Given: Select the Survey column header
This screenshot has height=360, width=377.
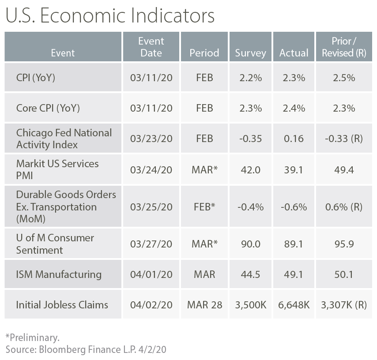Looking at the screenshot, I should pos(250,53).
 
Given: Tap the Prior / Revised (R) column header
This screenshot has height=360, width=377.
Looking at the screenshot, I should pos(344,47).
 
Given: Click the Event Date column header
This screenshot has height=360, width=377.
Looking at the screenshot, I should pos(151,47).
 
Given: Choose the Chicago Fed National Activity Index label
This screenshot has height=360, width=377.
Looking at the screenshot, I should pos(64,139).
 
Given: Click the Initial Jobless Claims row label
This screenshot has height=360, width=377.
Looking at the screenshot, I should pos(62,304).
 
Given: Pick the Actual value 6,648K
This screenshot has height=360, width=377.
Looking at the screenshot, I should pos(294,304).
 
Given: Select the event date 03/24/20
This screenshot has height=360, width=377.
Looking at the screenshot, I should pos(151,169).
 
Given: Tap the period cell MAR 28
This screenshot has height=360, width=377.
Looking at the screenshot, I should pos(204,304).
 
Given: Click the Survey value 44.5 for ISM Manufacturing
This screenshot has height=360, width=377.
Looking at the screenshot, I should pos(250,274).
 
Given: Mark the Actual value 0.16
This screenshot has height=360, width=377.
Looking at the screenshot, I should pos(294,139).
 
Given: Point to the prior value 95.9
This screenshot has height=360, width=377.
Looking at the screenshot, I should pos(344,244).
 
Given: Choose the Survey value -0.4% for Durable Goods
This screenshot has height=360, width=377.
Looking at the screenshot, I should pos(250,206).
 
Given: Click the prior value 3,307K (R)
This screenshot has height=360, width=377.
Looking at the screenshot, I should pos(344,304).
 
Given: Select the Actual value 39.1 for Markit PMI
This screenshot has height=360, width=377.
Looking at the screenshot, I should pos(294,169).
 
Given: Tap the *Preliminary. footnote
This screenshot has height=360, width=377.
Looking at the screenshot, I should pos(32,338).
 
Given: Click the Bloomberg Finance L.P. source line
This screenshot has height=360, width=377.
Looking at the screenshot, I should pos(86,350).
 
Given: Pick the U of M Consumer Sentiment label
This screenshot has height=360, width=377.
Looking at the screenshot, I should pos(55,244).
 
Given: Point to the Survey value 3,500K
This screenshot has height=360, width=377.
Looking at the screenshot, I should pos(250,304).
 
